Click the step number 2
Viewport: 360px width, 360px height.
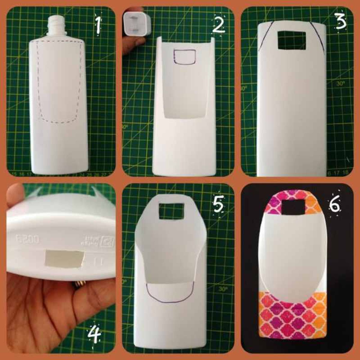tap(218, 25)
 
